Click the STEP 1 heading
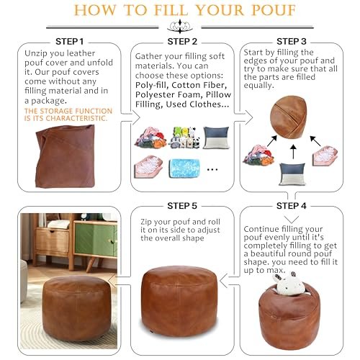coord(69,42)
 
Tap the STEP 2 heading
coord(182,42)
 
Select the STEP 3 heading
coord(292,42)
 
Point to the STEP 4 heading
coord(292,206)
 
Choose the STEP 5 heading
coord(182,206)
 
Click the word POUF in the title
coord(273,10)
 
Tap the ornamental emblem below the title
coord(180,27)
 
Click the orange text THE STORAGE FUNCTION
coord(68,111)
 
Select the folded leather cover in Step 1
coord(65,156)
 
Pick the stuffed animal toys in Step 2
coord(184,138)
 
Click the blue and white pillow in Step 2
coord(216,138)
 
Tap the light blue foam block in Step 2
coord(184,168)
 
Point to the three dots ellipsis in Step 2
coord(212,169)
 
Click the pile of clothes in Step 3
coord(258,155)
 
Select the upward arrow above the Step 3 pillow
coord(293,151)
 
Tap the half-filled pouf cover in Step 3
coord(289,117)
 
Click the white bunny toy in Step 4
coord(289,283)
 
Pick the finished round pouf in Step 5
coord(179,301)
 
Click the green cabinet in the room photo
coord(96,239)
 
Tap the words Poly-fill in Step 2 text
coord(151,85)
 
